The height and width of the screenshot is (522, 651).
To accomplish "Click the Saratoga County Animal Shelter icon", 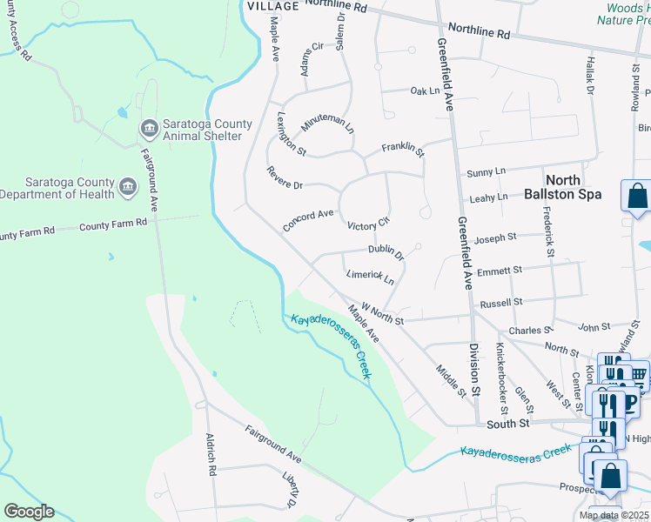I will pos(149,130).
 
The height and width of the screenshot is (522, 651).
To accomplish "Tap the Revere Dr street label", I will pos(285,178).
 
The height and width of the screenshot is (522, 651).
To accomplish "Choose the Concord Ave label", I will pos(308,220).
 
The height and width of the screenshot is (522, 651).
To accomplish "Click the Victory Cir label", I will pos(366,226).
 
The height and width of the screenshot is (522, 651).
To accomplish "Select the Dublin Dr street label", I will pos(386,251).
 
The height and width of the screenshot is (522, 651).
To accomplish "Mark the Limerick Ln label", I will pos(371,278).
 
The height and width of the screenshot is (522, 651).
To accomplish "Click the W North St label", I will pos(383,314).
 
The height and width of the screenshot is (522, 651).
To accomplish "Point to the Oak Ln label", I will pos(425,90).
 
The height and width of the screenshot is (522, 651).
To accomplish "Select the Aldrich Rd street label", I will pos(210,454).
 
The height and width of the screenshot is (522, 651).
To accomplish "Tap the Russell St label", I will pos(500,303).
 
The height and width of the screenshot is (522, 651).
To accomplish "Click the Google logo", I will pos(29,512).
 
